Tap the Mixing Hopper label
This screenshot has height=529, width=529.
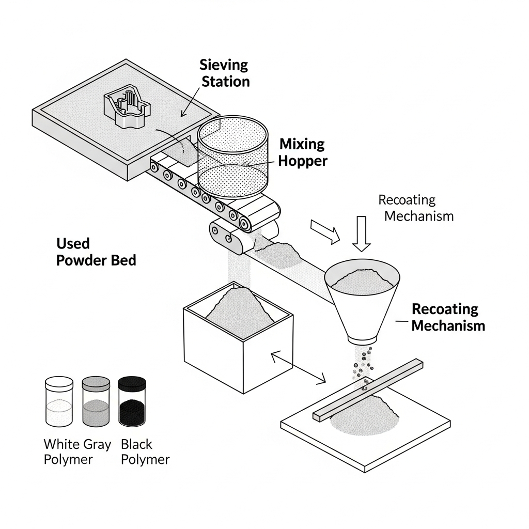tap(303, 152)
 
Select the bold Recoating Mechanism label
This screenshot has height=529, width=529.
tap(448, 317)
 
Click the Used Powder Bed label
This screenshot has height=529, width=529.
tap(96, 252)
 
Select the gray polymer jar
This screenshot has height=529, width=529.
tap(96, 401)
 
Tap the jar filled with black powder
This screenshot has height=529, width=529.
tap(132, 401)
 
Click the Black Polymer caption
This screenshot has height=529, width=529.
tap(145, 452)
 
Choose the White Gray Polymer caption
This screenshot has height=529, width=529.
tap(77, 452)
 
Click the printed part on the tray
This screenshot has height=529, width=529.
tap(127, 107)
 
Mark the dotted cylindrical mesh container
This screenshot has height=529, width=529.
tap(233, 160)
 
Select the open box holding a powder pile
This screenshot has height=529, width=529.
tap(238, 336)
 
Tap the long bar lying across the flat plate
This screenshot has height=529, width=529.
tap(368, 388)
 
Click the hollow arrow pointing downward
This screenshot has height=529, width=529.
tap(361, 232)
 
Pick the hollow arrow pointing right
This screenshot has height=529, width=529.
tap(324, 230)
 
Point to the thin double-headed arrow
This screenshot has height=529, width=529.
tap(299, 368)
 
